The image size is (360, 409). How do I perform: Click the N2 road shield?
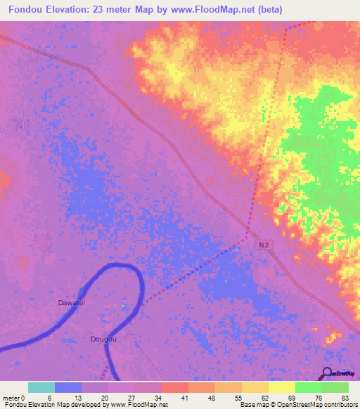pyautogui.click(x=262, y=242)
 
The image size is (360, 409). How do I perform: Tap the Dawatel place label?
pyautogui.click(x=71, y=303)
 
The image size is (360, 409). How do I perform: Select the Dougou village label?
pyautogui.click(x=103, y=339)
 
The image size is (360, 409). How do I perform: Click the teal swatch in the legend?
pyautogui.click(x=41, y=387)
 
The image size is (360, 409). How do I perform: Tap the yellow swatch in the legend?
pyautogui.click(x=281, y=387)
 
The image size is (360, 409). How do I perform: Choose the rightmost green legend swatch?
pyautogui.click(x=335, y=387)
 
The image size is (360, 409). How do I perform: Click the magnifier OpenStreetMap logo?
pyautogui.click(x=326, y=375)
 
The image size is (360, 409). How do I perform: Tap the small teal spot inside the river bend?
pyautogui.click(x=124, y=306)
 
